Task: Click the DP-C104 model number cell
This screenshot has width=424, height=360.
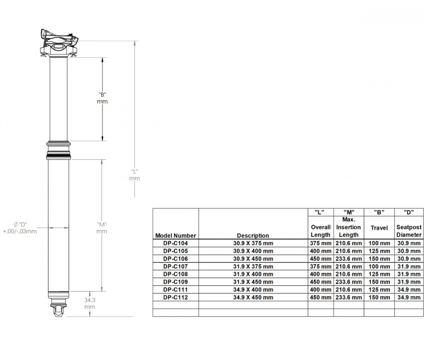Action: [176, 243]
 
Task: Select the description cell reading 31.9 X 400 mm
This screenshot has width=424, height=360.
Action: [253, 274]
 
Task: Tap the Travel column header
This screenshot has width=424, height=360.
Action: [379, 228]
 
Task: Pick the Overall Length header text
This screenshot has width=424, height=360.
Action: [321, 231]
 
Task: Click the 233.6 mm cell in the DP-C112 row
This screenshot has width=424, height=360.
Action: [349, 297]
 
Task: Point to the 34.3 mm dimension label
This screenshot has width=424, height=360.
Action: [89, 303]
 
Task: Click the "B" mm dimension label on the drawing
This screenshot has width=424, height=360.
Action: [102, 98]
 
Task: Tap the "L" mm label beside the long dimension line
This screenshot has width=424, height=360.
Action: [134, 175]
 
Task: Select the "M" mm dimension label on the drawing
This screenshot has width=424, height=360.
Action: [101, 228]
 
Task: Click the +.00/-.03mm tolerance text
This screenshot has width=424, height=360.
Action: [20, 231]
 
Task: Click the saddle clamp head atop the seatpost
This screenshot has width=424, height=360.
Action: [59, 42]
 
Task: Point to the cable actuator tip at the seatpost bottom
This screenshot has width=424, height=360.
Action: [59, 309]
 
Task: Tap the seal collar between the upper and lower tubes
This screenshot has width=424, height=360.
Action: [58, 150]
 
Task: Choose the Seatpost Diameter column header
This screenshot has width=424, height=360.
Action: [409, 231]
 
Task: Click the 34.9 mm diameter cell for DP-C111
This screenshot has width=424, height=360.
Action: [409, 290]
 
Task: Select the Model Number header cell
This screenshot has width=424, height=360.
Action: [176, 235]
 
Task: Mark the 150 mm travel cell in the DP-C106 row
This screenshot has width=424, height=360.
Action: [379, 259]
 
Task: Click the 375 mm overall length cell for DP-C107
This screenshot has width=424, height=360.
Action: [321, 266]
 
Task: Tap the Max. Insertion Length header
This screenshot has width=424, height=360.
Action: [349, 227]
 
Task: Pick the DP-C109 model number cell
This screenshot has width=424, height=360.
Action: [176, 282]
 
